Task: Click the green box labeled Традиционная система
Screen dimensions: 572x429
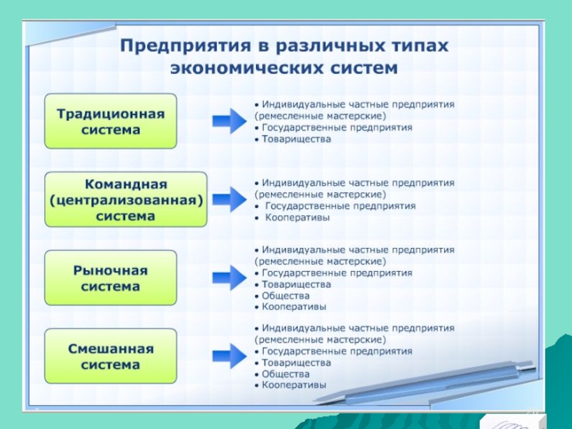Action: (111, 122)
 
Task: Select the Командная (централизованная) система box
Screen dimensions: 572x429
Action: (126, 199)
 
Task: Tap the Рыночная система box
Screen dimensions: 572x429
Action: (111, 278)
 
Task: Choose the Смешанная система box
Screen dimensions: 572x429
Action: (111, 356)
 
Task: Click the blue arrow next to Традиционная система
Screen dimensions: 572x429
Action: (230, 121)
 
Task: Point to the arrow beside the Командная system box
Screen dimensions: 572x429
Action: (230, 199)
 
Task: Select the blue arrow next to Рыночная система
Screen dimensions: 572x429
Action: (230, 277)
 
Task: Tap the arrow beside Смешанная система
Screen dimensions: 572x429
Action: (230, 356)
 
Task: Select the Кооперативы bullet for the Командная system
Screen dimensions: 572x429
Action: (297, 217)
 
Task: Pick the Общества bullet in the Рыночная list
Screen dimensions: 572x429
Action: (285, 295)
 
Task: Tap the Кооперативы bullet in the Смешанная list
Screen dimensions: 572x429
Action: (294, 385)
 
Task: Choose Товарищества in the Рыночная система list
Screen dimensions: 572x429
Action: (296, 284)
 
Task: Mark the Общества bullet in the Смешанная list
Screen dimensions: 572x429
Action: (285, 374)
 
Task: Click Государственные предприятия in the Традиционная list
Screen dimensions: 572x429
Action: (337, 127)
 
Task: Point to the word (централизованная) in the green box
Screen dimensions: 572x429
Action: (126, 200)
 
